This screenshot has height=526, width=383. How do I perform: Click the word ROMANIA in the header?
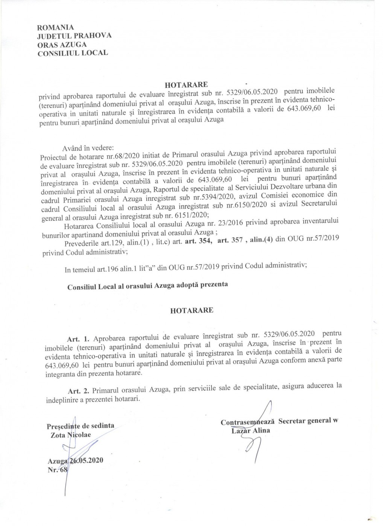click(56, 27)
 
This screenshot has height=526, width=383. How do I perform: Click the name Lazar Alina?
click(251, 431)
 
